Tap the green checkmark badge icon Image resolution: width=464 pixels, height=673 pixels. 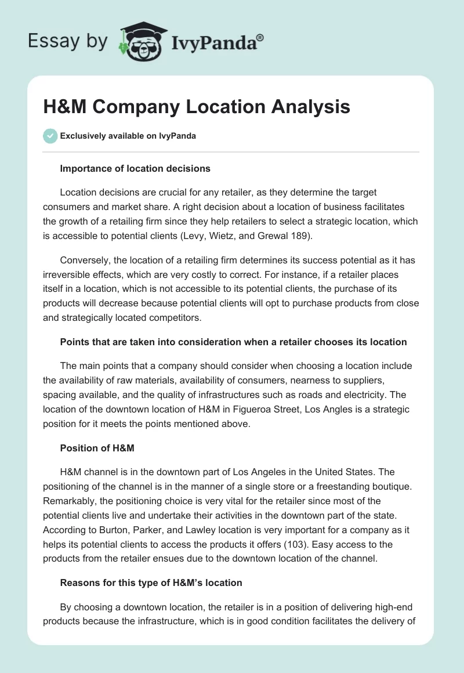(50, 136)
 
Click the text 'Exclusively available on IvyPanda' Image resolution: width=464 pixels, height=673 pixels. (128, 136)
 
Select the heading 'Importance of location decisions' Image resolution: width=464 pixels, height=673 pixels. (135, 169)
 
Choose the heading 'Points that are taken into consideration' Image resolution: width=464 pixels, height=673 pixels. (233, 342)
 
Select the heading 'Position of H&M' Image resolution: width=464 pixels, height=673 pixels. (97, 448)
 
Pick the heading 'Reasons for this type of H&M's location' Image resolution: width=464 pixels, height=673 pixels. (151, 582)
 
